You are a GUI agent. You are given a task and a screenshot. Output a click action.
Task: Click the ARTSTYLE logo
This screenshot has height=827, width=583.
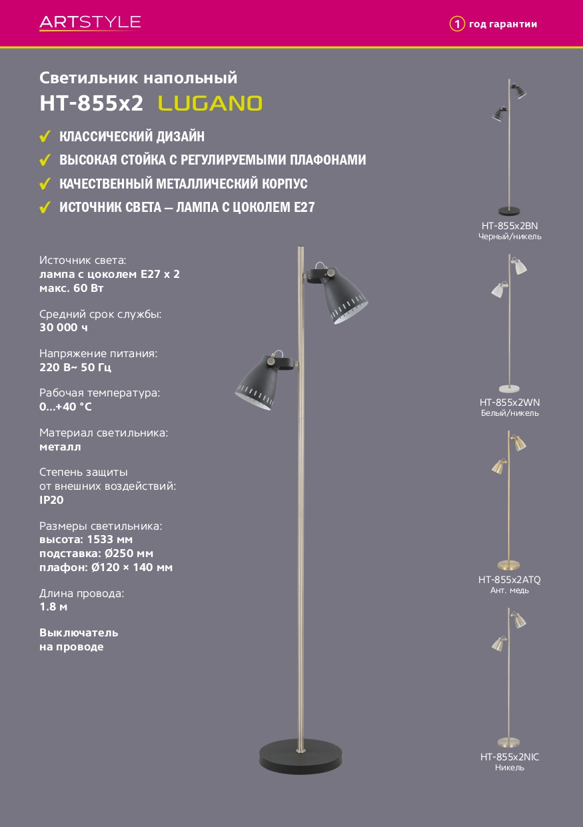[x=90, y=23]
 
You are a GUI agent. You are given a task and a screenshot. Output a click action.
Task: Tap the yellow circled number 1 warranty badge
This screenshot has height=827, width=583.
[x=456, y=24]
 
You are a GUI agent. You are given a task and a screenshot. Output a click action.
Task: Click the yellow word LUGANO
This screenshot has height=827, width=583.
[x=210, y=103]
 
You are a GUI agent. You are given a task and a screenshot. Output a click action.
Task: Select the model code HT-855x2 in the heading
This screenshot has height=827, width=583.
[x=91, y=103]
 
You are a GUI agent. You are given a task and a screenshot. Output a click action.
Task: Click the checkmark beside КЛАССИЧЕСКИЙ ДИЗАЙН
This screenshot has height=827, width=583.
[x=45, y=136]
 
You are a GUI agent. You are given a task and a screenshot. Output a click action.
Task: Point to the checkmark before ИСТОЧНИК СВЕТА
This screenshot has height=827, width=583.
[x=45, y=207]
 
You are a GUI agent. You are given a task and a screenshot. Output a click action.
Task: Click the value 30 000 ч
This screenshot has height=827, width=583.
[x=63, y=327]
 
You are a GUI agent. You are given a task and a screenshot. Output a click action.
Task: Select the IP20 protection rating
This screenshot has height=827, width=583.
[x=51, y=500]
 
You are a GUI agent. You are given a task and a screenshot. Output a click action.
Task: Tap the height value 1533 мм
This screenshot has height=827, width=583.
[x=109, y=539]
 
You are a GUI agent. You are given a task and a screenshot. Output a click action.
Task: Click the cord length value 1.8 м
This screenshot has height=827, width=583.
[x=53, y=606]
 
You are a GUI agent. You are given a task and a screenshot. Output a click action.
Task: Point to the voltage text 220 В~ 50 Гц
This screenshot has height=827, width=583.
[x=75, y=367]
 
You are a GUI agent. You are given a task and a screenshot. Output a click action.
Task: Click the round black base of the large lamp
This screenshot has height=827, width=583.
[x=300, y=755]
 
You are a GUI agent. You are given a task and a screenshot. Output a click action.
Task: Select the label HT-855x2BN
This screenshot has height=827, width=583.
[x=510, y=226]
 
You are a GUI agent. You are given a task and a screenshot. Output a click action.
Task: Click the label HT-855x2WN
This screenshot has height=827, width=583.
[x=510, y=403]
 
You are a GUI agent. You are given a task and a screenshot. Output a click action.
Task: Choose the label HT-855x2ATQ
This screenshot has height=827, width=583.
[x=510, y=580]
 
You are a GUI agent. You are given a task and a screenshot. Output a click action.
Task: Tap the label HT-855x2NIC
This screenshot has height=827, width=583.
[x=510, y=757]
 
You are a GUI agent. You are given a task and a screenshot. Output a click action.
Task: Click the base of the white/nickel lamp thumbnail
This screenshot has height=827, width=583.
[x=509, y=389]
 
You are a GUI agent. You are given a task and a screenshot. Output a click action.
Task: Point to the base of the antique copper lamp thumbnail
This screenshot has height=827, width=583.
[x=509, y=565]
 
